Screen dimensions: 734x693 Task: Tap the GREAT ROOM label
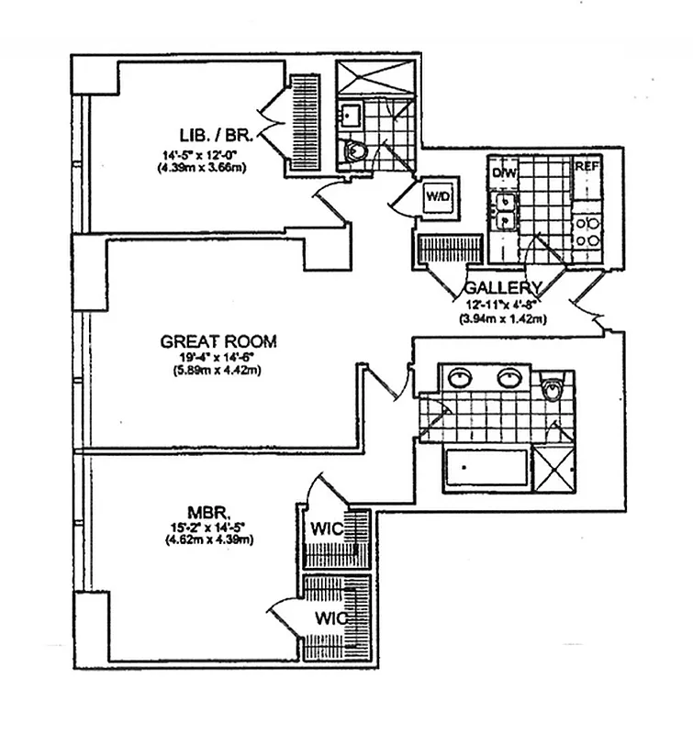click(218, 341)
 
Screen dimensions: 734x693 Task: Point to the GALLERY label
click(504, 286)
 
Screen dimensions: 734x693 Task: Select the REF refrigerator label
click(587, 168)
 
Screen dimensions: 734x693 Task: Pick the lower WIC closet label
click(328, 617)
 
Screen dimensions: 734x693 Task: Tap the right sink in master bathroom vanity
click(509, 378)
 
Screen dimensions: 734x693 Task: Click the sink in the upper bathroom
click(350, 115)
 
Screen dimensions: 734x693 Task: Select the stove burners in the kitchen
click(587, 229)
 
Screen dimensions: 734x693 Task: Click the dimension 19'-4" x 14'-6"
click(218, 359)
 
